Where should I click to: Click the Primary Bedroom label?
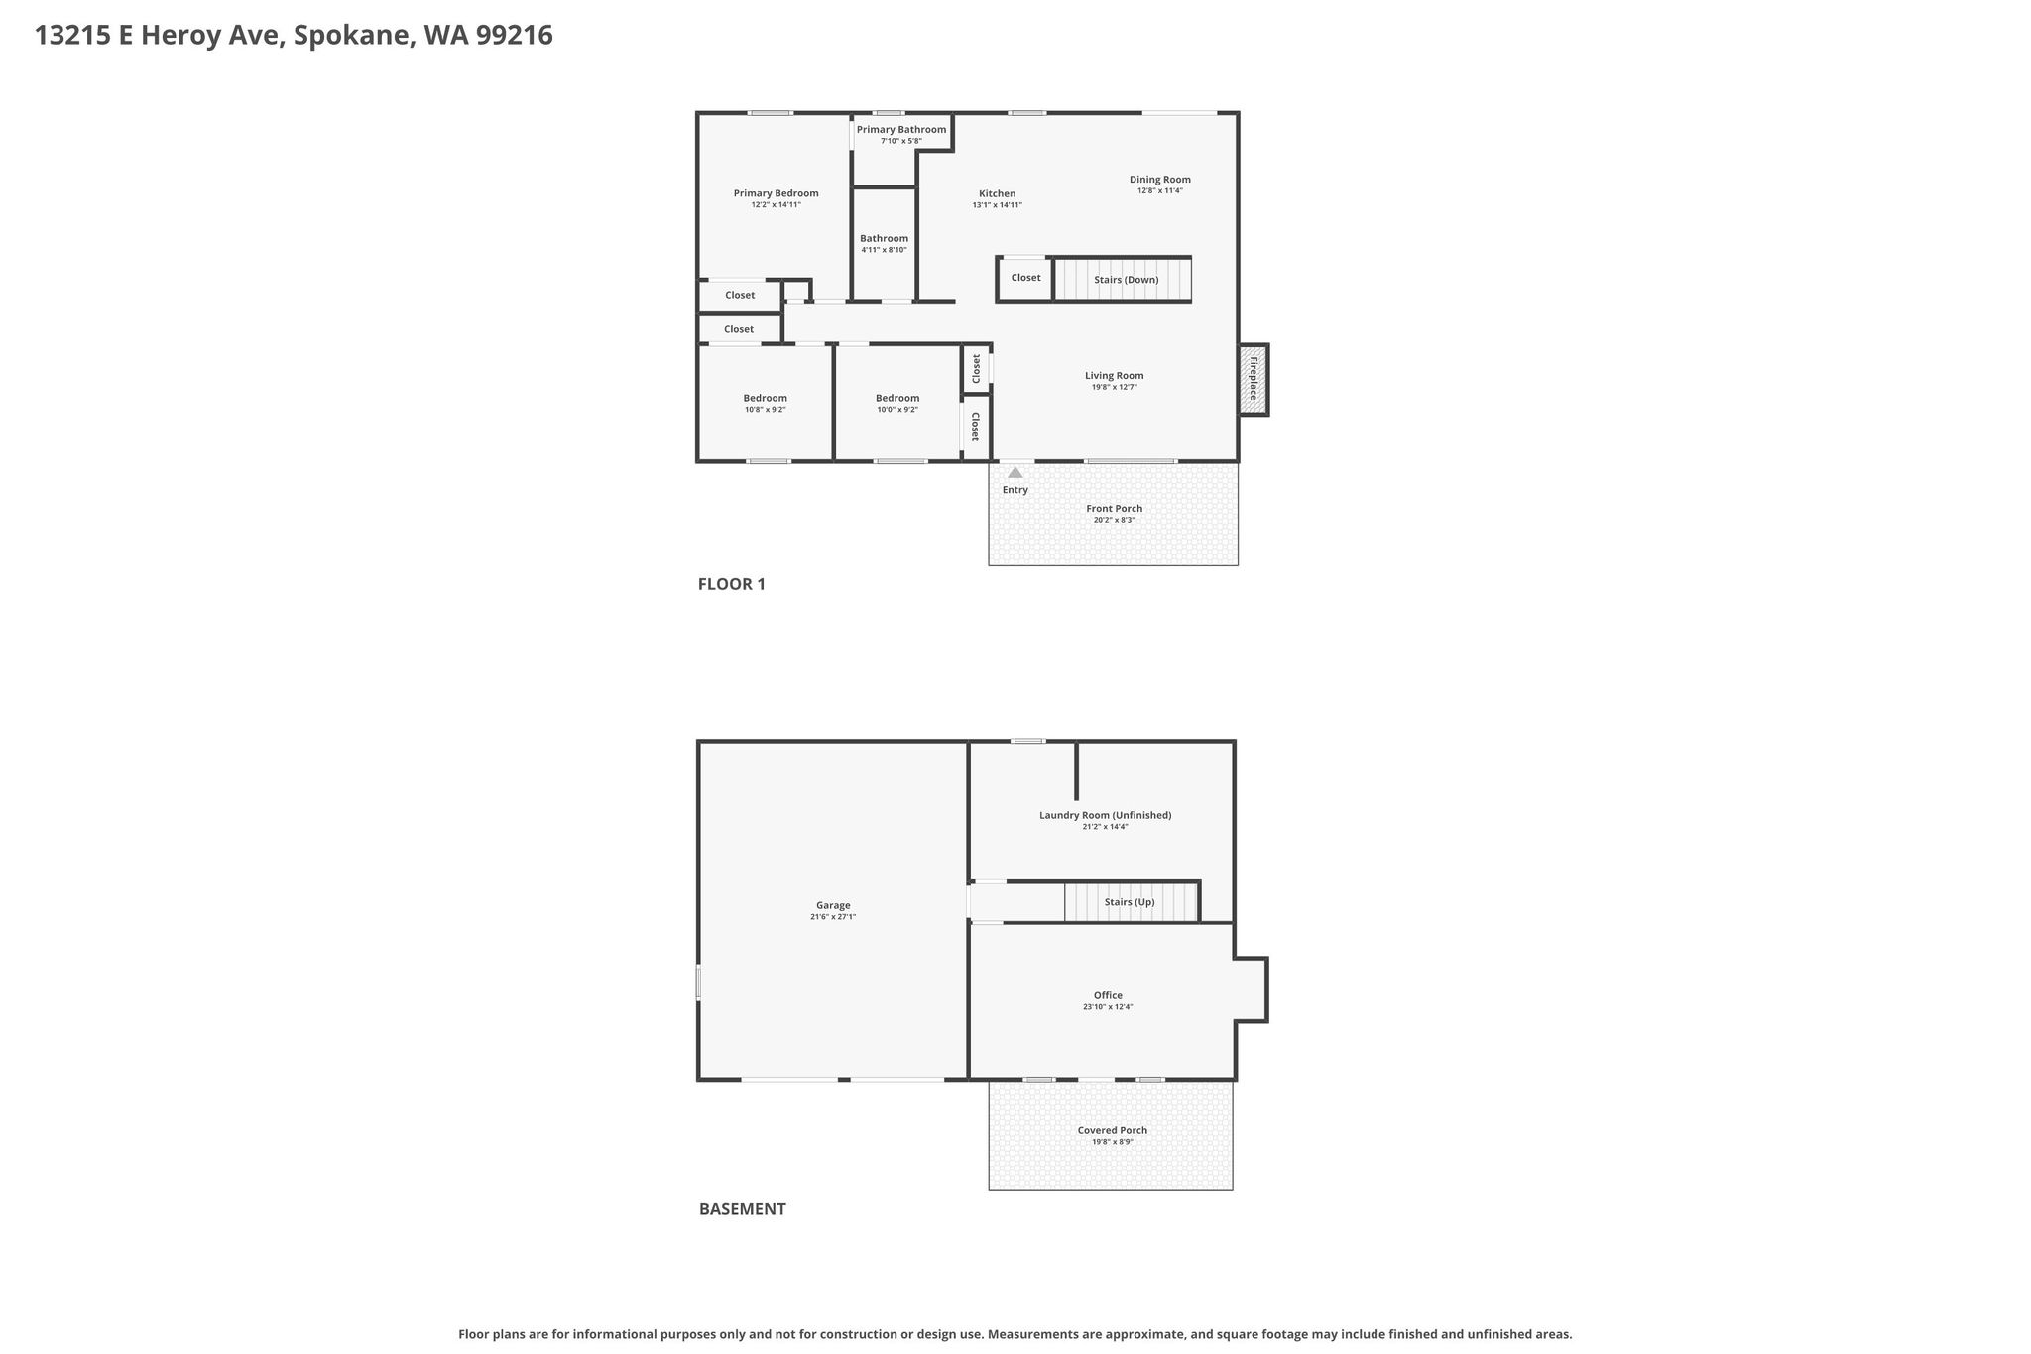776,193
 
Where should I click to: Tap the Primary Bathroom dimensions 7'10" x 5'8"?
900,141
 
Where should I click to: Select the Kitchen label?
997,193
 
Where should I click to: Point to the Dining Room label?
1159,180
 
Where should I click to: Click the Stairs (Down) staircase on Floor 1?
1122,279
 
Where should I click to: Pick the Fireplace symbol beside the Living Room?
1253,379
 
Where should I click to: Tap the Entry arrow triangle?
1015,472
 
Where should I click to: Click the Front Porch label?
1114,508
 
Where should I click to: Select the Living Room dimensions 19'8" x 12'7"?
1114,387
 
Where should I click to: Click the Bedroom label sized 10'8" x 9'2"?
765,398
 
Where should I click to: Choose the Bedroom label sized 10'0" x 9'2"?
897,398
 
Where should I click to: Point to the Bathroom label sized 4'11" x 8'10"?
884,238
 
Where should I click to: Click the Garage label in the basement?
833,905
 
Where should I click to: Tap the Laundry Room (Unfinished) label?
1105,815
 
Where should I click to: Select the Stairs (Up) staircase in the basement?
1132,902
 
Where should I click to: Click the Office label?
1108,995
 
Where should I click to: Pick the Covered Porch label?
1112,1130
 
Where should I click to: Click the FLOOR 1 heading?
732,584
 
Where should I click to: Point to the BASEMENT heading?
742,1209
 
